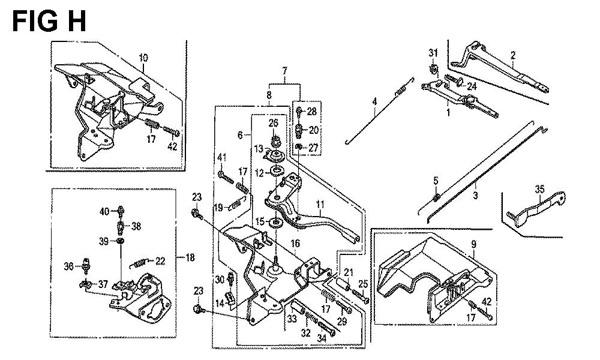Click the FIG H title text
[49, 22]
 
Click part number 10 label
[143, 58]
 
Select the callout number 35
[539, 189]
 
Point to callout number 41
[223, 157]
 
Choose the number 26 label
[273, 123]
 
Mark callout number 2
[513, 55]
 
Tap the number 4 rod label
[374, 102]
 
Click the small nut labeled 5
[436, 197]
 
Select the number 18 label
[190, 257]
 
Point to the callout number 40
[104, 211]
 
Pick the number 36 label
[68, 266]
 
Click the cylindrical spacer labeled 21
[343, 285]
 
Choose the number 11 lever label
[319, 205]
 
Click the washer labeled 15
[275, 222]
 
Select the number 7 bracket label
[284, 71]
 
